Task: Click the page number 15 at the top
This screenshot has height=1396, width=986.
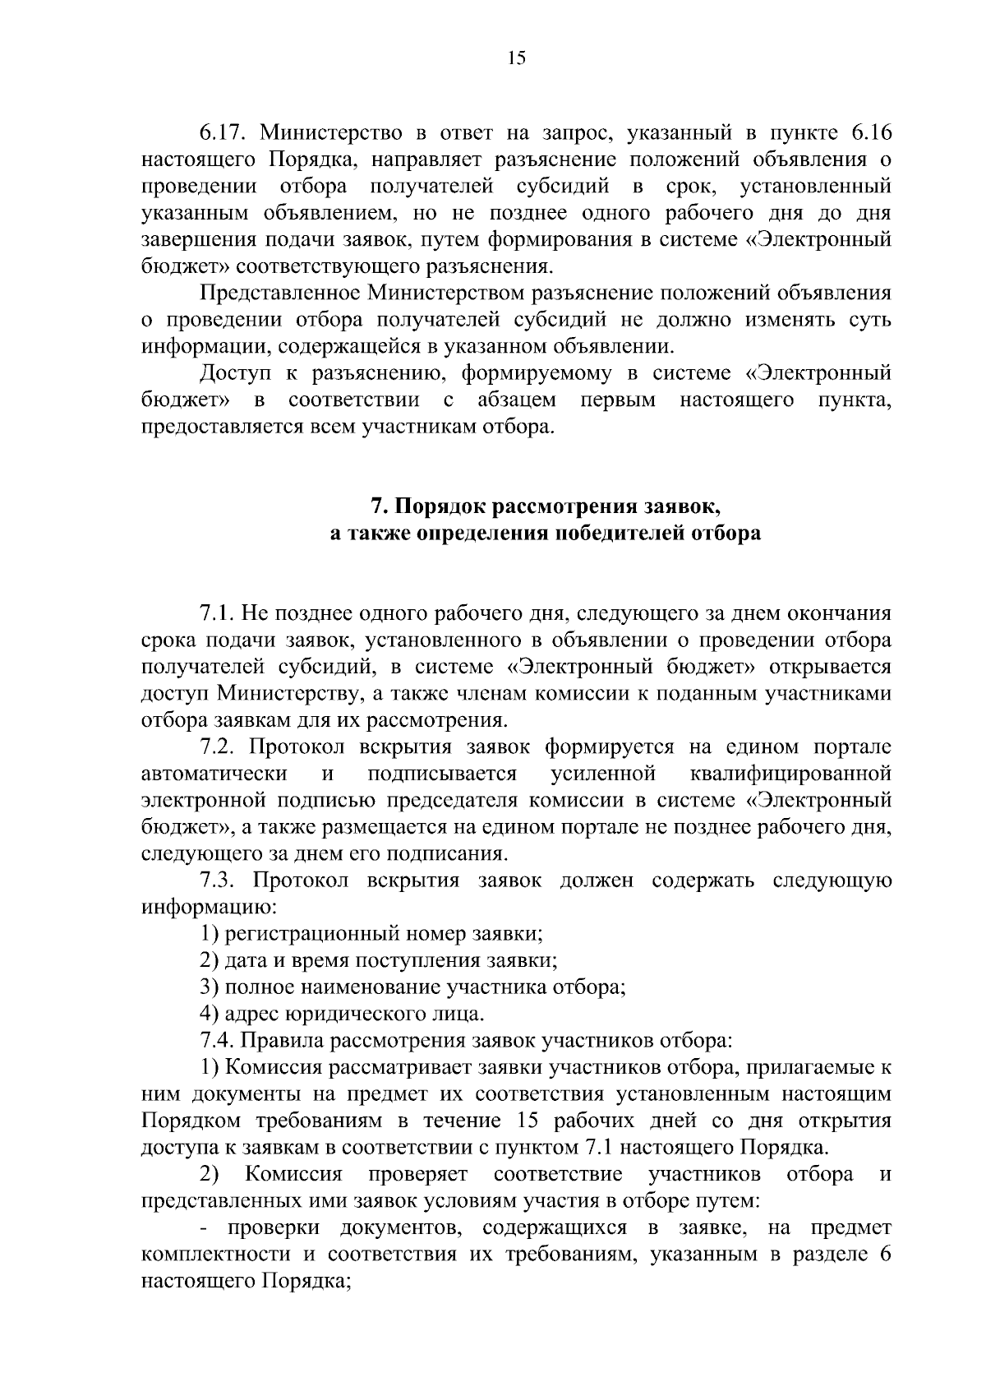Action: (x=516, y=57)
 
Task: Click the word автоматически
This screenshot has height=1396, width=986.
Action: (x=214, y=774)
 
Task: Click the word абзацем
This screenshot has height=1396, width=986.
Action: (x=516, y=400)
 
